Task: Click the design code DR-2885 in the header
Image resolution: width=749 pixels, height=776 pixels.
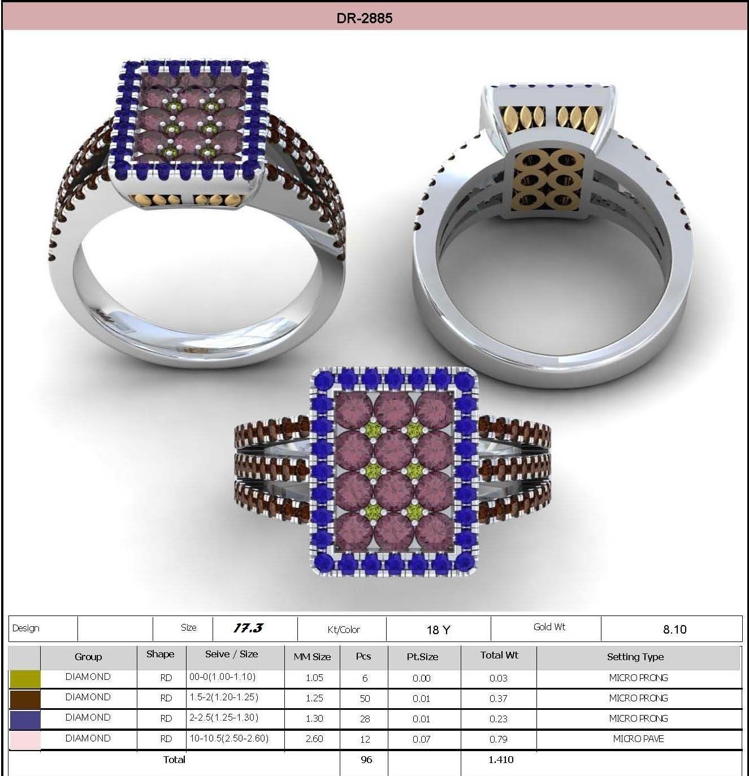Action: (364, 18)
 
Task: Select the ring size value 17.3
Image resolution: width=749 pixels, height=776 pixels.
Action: (248, 628)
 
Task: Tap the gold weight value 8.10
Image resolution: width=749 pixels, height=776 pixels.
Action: (674, 630)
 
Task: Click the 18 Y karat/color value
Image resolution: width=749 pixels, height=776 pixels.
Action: (438, 630)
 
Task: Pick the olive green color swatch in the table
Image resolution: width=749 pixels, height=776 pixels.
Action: (25, 678)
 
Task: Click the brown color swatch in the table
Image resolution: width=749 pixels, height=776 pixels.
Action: (25, 699)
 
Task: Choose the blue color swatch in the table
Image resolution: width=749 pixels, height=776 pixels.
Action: (25, 719)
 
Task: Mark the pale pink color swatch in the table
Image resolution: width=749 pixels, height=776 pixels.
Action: (25, 739)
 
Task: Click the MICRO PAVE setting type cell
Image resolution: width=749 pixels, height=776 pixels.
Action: (638, 739)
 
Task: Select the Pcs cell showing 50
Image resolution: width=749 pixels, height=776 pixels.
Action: (365, 699)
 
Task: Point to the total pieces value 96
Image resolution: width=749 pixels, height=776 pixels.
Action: (366, 760)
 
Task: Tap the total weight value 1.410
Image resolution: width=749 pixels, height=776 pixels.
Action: (501, 760)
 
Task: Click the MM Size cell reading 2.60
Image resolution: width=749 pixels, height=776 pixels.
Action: (314, 739)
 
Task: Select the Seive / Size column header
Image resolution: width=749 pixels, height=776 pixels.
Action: (231, 654)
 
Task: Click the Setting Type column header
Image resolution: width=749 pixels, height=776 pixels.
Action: (635, 657)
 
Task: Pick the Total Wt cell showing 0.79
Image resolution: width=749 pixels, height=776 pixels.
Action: (498, 739)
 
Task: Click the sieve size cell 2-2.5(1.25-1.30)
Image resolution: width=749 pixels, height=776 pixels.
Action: (224, 718)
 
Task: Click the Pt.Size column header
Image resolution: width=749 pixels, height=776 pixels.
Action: (422, 657)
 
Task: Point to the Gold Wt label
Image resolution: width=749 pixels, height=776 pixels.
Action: (549, 627)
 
